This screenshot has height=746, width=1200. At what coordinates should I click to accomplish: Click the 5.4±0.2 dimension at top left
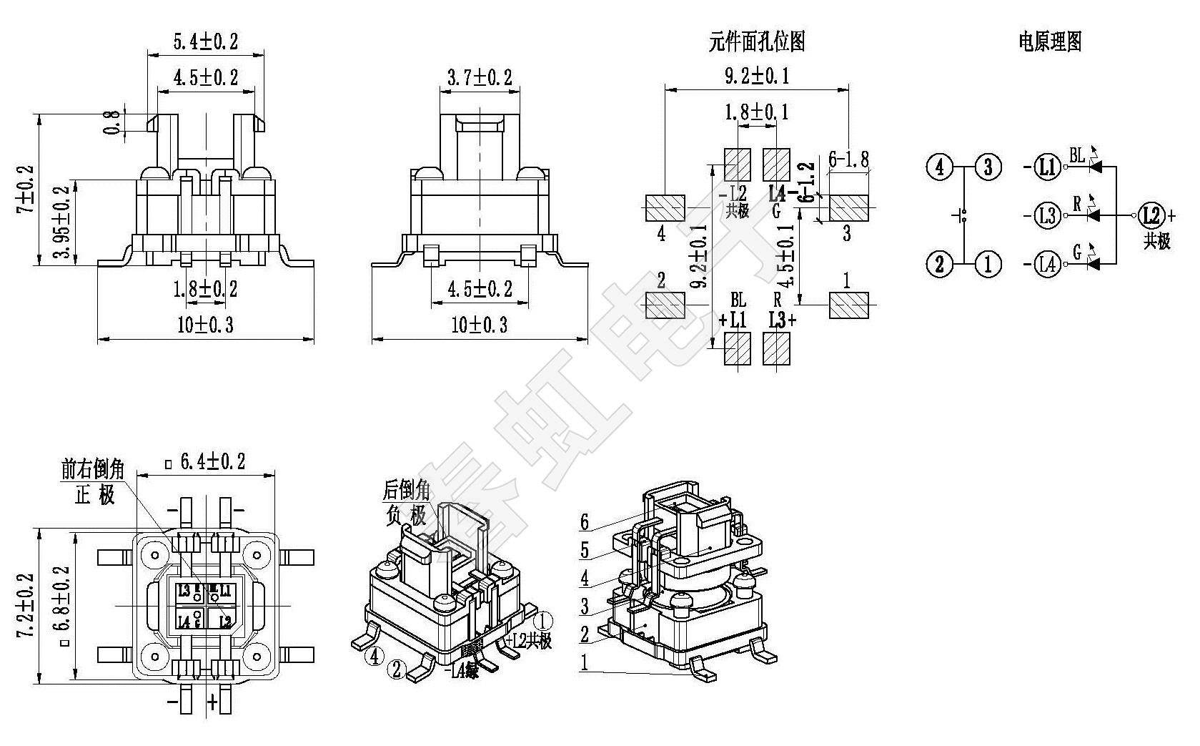coord(205,42)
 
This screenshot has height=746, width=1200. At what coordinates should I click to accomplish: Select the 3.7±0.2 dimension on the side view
coord(480,78)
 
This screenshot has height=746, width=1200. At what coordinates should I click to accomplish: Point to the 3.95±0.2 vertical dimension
coord(63,222)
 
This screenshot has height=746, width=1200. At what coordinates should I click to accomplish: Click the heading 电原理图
coord(1049,42)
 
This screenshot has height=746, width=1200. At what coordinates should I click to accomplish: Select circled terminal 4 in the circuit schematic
coord(940,167)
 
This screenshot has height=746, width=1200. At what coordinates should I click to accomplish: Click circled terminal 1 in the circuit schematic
coord(988,265)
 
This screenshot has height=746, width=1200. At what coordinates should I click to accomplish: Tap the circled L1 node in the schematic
coord(1047,167)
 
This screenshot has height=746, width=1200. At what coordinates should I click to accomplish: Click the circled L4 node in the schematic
coord(1047,265)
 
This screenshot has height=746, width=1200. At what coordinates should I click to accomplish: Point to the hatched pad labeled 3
coord(848,207)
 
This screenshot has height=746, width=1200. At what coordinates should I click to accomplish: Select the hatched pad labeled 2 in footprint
coord(665,305)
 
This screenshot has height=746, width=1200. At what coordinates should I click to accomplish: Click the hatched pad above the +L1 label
coord(738,349)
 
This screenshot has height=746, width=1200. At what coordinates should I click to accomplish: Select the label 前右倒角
coord(93,470)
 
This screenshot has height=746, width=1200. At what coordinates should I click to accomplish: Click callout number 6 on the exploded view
coord(585,523)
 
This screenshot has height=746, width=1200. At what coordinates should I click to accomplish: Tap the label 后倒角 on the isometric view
coord(406,491)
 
